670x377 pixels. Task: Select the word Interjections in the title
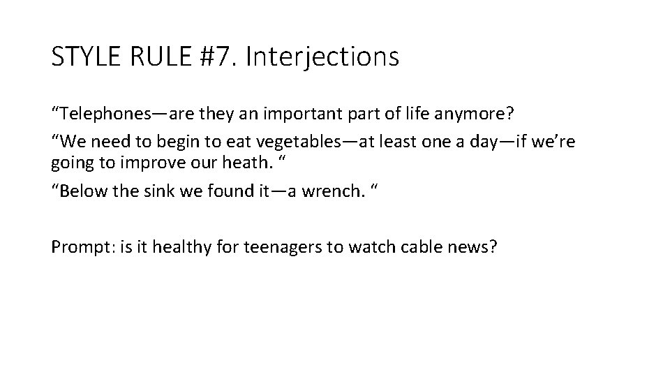[x=324, y=57]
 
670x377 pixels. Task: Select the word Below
[x=81, y=191]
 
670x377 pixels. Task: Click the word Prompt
[x=77, y=247]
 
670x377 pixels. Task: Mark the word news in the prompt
[x=470, y=247]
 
